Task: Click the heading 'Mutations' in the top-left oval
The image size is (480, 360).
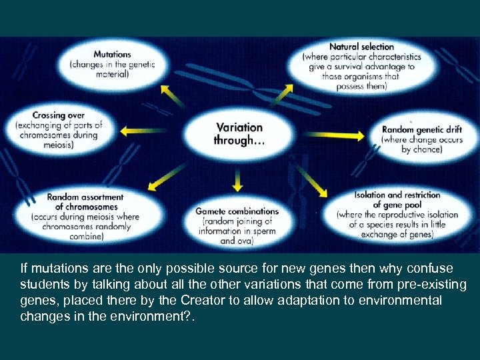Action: tap(112, 54)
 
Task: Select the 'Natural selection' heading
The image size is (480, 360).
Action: tap(361, 47)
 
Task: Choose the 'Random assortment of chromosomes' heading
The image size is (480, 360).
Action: tap(85, 201)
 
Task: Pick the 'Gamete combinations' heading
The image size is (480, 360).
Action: tap(237, 211)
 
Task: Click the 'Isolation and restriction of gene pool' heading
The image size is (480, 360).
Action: tap(397, 199)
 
